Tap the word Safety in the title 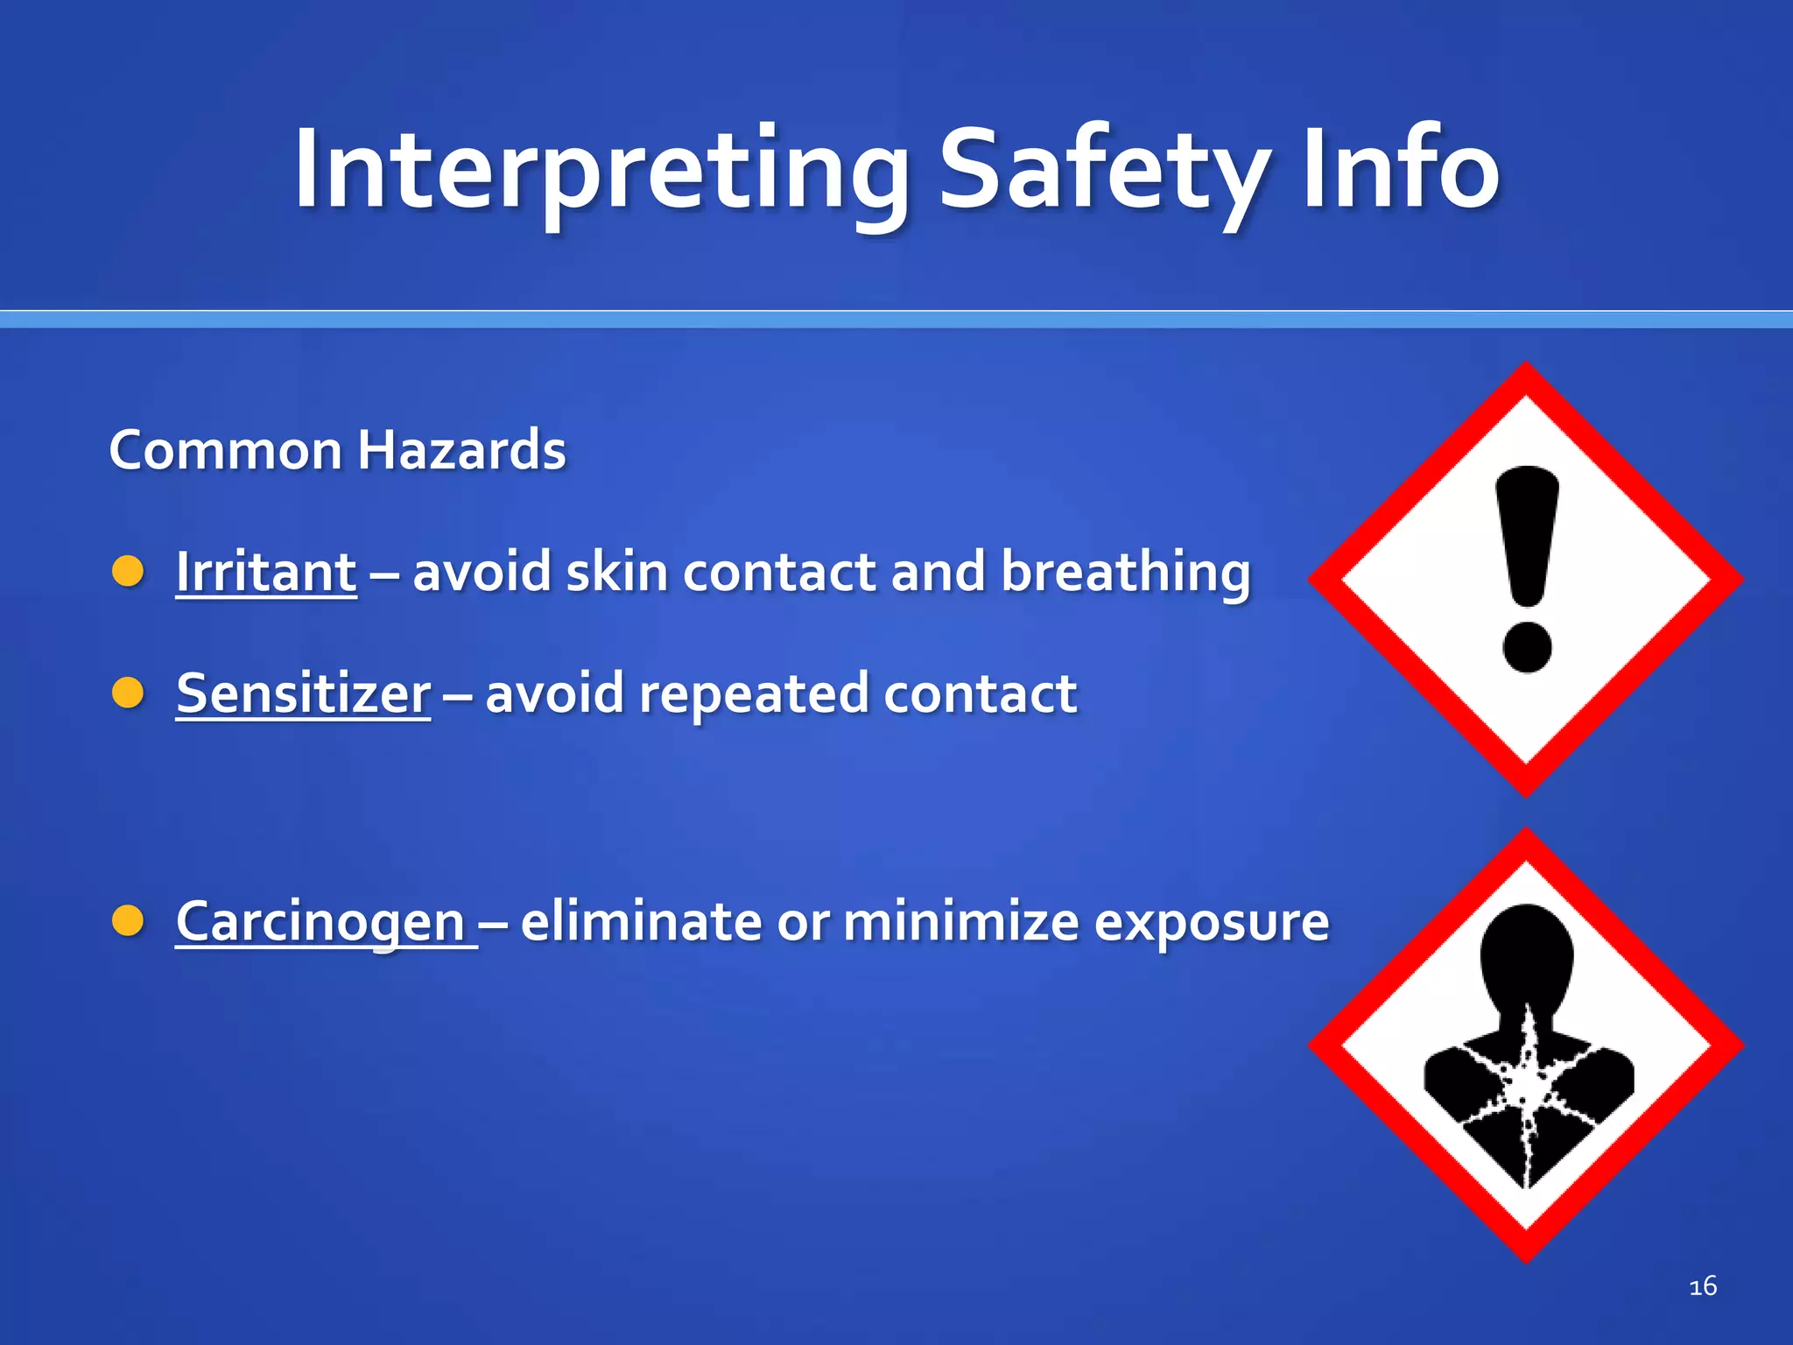[1105, 171]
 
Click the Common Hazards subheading [337, 450]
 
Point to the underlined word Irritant [266, 572]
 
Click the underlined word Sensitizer [303, 694]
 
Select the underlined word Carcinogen [321, 922]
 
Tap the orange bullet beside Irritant [128, 572]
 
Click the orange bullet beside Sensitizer [128, 694]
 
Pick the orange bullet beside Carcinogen [128, 921]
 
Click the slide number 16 [1703, 1286]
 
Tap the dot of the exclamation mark [1527, 648]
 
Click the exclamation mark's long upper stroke [1527, 534]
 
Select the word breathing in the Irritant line [1126, 574]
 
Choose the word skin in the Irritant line [616, 572]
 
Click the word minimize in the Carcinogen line [961, 922]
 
